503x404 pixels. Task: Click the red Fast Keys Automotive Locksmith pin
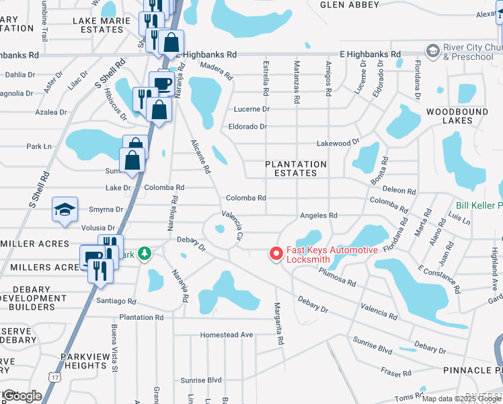tap(276, 253)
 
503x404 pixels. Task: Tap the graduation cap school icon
tap(65, 209)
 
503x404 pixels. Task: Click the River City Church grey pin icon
tap(432, 51)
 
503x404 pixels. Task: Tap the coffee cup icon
tap(162, 83)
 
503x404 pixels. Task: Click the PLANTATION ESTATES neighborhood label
tap(295, 168)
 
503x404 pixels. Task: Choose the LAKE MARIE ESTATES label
tap(98, 25)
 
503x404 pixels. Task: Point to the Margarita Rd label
tap(278, 323)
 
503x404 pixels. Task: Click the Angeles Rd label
tap(319, 215)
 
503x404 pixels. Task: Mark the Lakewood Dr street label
tap(338, 143)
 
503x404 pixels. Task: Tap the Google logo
tap(22, 396)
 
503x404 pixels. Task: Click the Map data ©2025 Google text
tap(461, 399)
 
